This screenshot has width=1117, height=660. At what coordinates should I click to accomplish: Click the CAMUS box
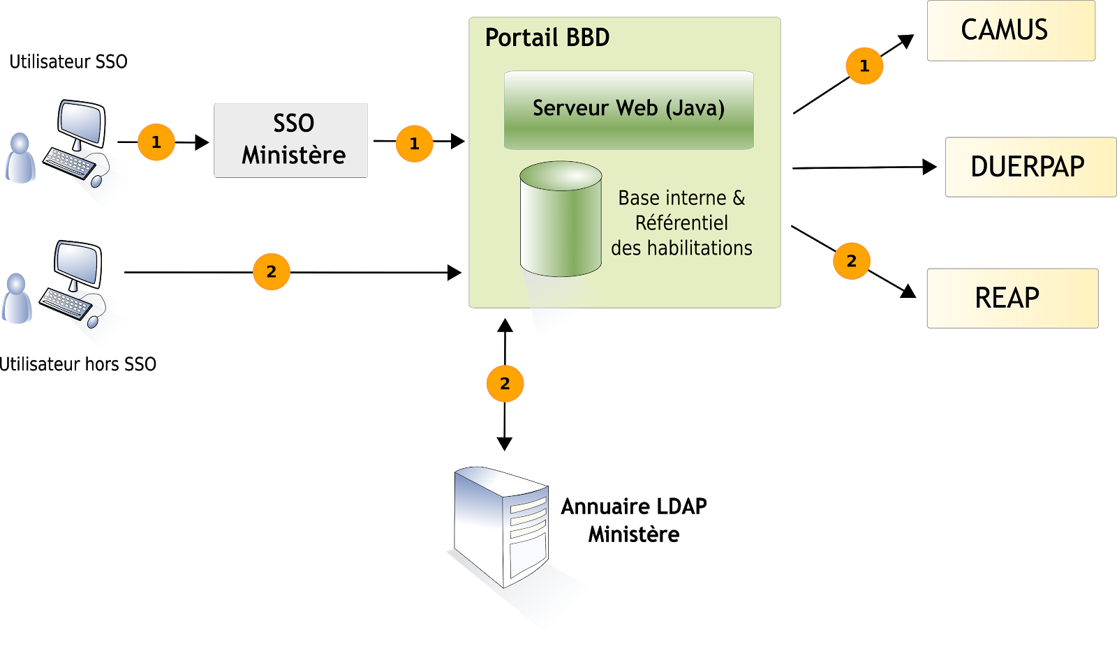(1011, 31)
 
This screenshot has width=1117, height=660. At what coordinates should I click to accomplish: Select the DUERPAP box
(1030, 167)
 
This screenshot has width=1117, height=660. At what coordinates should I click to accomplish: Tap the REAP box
(1013, 298)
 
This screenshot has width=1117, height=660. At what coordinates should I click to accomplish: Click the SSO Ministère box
(290, 140)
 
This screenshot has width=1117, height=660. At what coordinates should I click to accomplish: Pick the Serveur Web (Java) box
(629, 110)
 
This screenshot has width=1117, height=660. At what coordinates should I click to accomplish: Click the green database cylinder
(561, 219)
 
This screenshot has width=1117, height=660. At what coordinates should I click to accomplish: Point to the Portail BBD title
(547, 38)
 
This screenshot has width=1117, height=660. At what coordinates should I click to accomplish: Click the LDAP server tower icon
(501, 527)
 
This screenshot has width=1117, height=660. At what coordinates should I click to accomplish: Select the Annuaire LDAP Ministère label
(634, 520)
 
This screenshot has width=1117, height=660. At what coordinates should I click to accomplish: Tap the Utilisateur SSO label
(68, 62)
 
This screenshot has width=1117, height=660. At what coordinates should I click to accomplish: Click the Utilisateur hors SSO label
(77, 364)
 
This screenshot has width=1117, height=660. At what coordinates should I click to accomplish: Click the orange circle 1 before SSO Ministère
(156, 142)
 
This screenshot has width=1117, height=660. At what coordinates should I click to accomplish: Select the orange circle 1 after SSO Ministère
(415, 144)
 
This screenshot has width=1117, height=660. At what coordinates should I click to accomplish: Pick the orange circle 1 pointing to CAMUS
(865, 66)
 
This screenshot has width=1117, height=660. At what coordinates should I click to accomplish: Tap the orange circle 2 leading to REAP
(852, 261)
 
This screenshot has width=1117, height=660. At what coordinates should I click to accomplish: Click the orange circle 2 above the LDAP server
(505, 383)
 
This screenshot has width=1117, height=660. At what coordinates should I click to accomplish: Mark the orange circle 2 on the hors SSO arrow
(272, 271)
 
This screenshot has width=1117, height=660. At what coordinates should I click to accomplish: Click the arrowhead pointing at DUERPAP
(929, 167)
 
